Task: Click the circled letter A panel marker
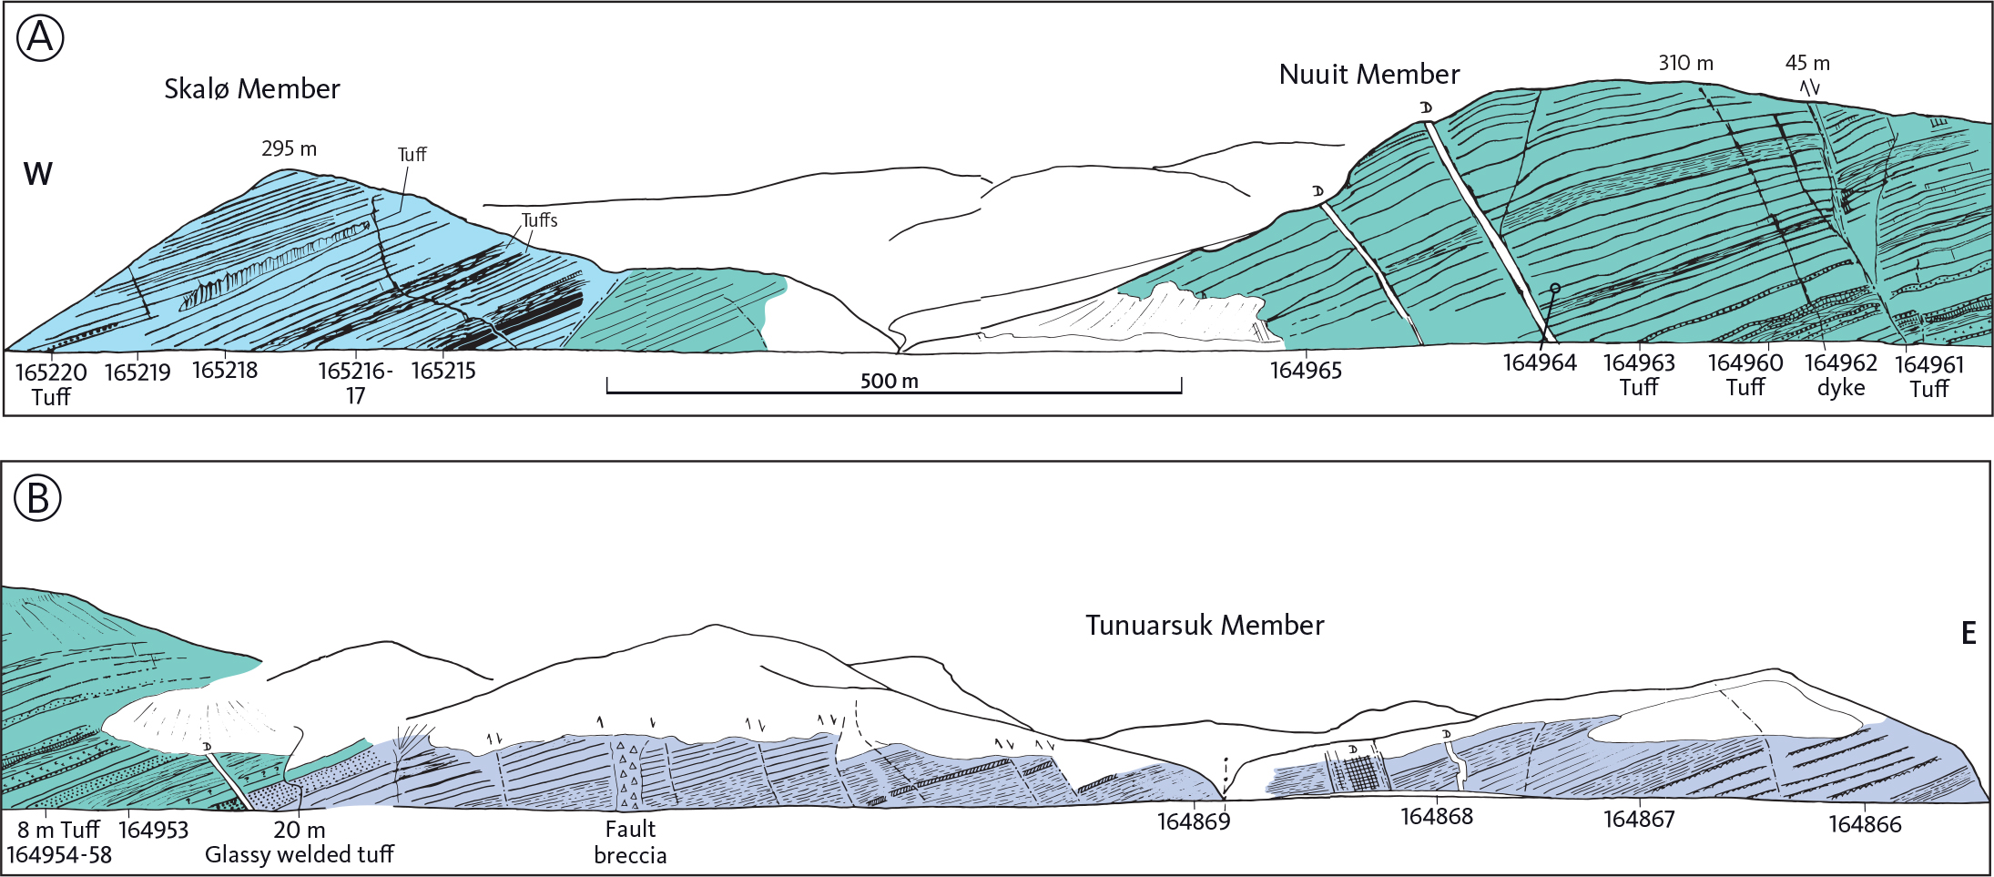pos(40,38)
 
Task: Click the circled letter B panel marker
pos(38,498)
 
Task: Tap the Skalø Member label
pos(251,88)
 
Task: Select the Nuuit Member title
pos(1368,74)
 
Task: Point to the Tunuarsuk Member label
pos(1204,626)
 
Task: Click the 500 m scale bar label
pos(889,381)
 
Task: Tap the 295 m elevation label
pos(289,148)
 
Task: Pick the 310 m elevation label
pos(1685,63)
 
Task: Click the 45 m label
pos(1807,63)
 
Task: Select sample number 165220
pos(51,372)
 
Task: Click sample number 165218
pos(225,371)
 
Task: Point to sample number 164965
pos(1306,371)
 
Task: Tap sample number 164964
pos(1539,362)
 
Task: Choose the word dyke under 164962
pos(1841,388)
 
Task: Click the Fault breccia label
pos(630,842)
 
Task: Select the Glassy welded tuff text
pos(299,854)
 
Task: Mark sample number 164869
pos(1193,821)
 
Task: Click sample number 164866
pos(1865,824)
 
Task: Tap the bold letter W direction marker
pos(38,174)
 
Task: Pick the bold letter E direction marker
pos(1969,633)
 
